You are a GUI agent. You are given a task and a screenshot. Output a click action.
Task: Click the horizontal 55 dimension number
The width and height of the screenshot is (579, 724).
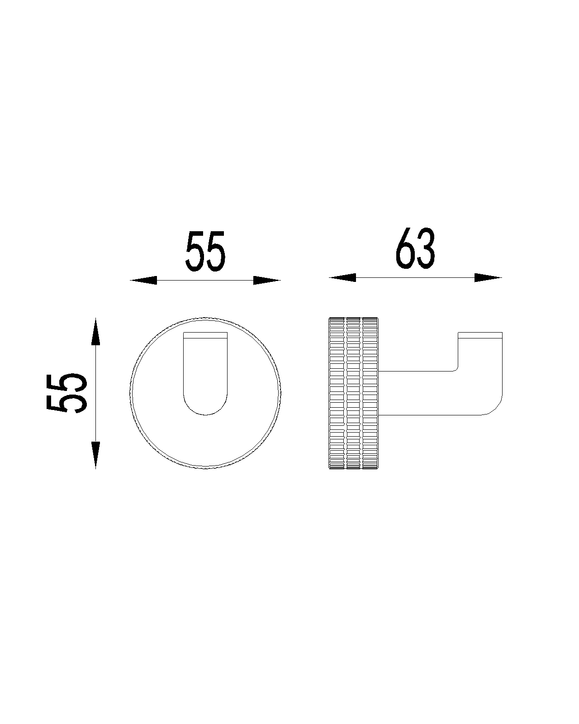(205, 251)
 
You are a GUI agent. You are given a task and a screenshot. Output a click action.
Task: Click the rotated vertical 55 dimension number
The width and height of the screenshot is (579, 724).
(66, 393)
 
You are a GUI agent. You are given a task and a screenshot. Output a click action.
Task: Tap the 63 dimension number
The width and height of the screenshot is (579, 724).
(415, 248)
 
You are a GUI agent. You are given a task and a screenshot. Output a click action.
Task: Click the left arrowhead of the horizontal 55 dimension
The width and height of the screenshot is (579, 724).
(144, 280)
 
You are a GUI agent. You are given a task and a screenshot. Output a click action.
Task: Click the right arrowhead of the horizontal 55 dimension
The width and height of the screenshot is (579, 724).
(267, 280)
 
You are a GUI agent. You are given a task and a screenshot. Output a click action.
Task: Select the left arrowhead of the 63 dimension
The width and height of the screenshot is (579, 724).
(342, 277)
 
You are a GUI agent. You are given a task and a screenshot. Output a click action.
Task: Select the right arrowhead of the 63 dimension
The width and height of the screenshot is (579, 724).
(488, 277)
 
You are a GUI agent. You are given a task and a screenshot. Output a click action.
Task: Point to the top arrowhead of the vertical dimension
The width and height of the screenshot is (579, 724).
(95, 331)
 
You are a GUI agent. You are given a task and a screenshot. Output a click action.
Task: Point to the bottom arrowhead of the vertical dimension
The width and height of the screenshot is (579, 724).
(95, 455)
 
